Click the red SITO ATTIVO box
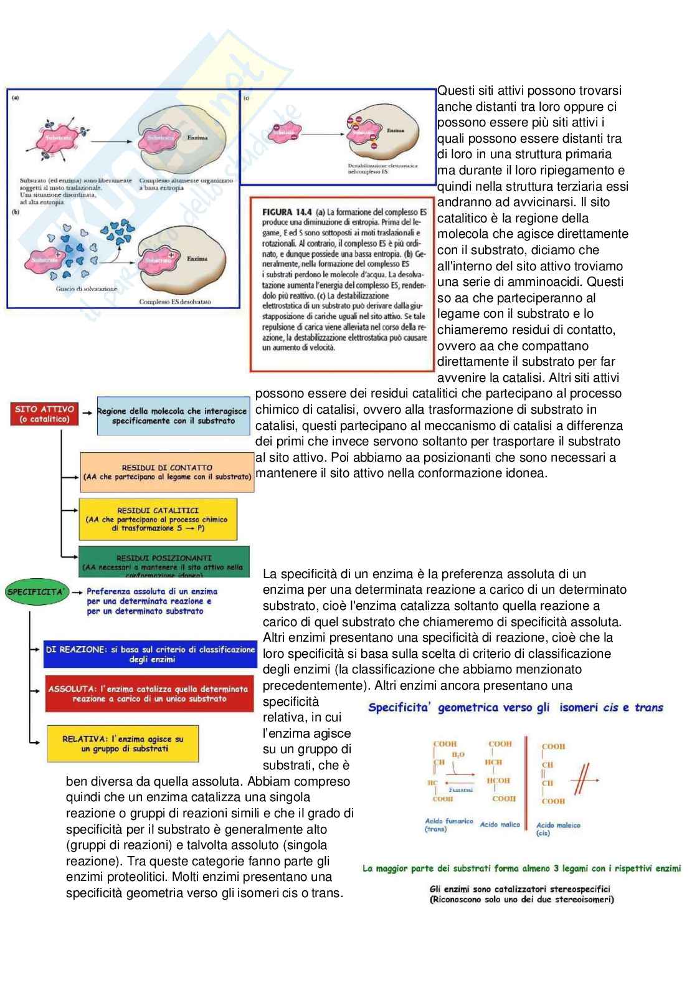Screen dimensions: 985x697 point(44,414)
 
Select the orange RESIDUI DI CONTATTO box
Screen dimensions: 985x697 point(166,472)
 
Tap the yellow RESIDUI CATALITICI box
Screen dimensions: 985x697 point(158,519)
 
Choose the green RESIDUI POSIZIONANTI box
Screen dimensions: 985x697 point(164,562)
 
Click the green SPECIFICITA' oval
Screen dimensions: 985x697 point(36,591)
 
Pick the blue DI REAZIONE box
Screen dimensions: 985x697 point(150,654)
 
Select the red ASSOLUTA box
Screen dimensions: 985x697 point(149,693)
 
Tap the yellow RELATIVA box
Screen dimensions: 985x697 point(123,743)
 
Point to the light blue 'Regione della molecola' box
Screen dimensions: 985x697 point(173,416)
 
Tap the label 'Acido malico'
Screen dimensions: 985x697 point(500,824)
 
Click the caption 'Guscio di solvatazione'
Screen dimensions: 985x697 point(78,289)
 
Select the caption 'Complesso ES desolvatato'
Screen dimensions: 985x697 point(175,302)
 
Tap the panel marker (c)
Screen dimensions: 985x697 point(247,98)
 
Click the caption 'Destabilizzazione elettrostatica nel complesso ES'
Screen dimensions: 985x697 point(383,168)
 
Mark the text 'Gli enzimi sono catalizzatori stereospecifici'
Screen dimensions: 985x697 point(520,889)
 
